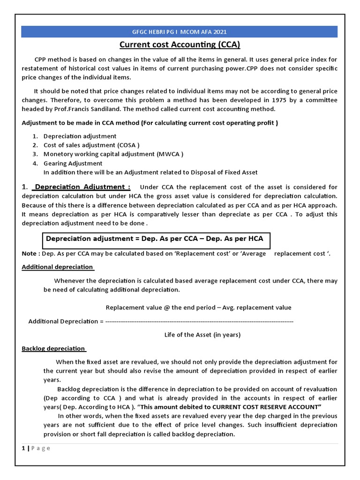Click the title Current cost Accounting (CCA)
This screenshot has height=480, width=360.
tap(180, 45)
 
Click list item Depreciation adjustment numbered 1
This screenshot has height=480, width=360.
tap(80, 136)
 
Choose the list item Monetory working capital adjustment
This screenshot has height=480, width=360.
tap(113, 154)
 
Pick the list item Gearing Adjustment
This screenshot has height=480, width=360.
tap(73, 163)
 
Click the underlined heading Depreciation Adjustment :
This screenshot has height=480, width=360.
tap(82, 187)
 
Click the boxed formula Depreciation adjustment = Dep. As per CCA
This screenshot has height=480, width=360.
tap(154, 239)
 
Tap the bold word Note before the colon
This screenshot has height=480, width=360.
tap(30, 254)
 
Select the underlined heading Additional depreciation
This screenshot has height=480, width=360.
tap(58, 267)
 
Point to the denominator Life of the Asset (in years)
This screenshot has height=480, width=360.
tap(202, 335)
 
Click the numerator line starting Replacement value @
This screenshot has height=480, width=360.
tap(198, 307)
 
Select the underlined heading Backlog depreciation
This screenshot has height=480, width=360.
tap(53, 348)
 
